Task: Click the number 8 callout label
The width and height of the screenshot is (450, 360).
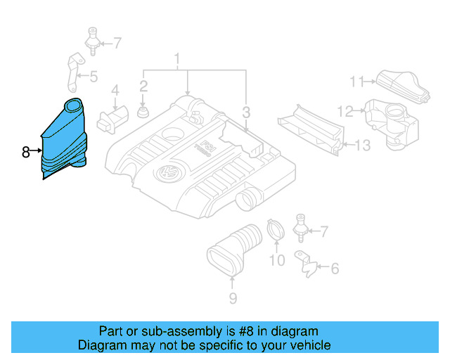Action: [x=25, y=151]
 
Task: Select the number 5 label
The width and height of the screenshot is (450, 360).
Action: [x=94, y=77]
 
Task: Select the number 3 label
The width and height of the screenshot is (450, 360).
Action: [x=246, y=112]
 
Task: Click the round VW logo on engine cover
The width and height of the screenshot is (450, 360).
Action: [x=169, y=173]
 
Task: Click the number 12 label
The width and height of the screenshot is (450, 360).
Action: [x=344, y=110]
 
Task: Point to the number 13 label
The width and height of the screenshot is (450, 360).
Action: [x=361, y=146]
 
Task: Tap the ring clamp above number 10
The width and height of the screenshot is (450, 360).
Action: [x=276, y=230]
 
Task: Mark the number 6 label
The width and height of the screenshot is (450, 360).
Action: [x=334, y=268]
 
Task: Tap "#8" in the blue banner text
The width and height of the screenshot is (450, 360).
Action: [x=237, y=331]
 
